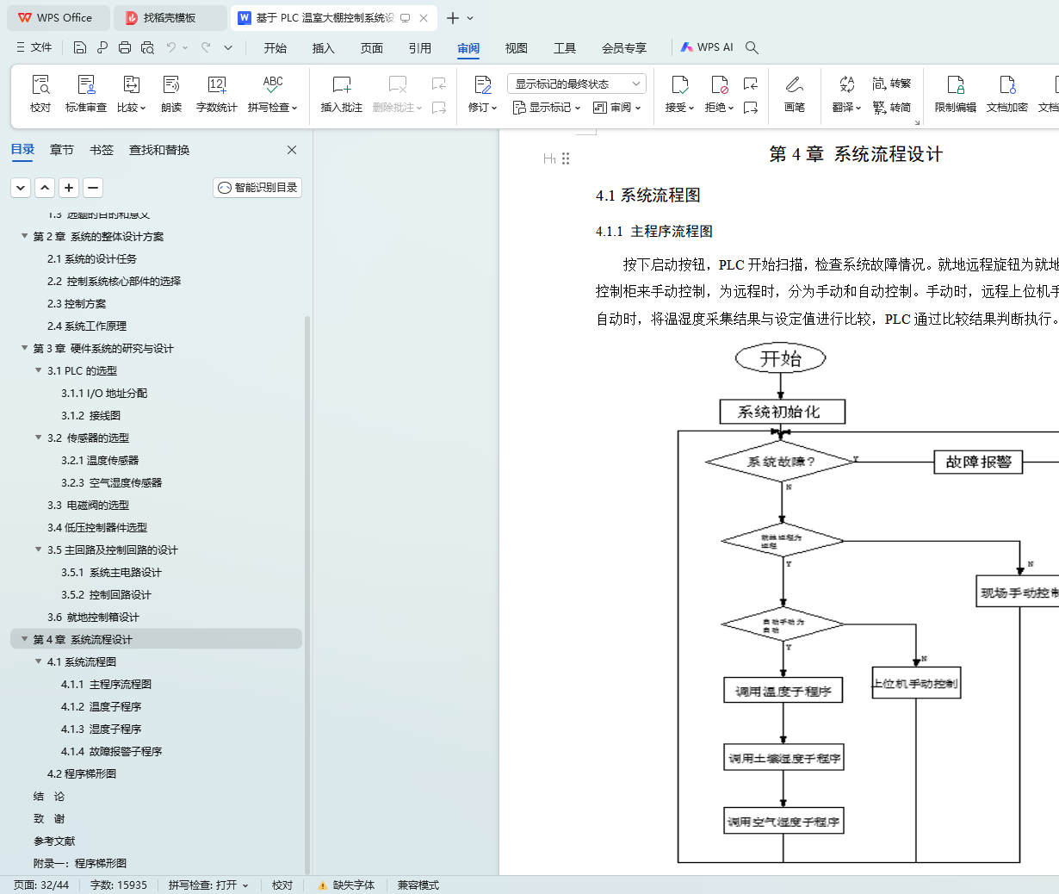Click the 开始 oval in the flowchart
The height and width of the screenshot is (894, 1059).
click(780, 358)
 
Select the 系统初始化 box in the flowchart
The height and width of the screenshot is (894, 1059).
click(782, 412)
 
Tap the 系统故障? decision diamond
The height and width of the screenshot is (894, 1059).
click(780, 462)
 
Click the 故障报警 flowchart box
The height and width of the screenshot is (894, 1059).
click(978, 462)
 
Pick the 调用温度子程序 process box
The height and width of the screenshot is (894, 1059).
click(783, 691)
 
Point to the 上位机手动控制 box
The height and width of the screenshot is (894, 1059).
click(915, 683)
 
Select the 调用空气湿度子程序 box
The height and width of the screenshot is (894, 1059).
click(783, 822)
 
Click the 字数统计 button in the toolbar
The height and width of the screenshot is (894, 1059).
click(216, 93)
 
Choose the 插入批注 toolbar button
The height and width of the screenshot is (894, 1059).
click(342, 93)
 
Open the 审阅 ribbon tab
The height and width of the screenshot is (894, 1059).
click(468, 48)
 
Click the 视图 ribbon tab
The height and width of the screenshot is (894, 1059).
click(517, 48)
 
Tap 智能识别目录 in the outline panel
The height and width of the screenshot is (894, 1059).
click(257, 188)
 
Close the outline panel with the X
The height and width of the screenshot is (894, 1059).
click(292, 150)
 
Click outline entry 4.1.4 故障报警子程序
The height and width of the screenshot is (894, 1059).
click(112, 752)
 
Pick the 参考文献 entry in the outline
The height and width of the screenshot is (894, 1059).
click(54, 841)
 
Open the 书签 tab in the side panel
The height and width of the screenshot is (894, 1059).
click(102, 150)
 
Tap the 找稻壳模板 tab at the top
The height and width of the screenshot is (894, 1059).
click(169, 18)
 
